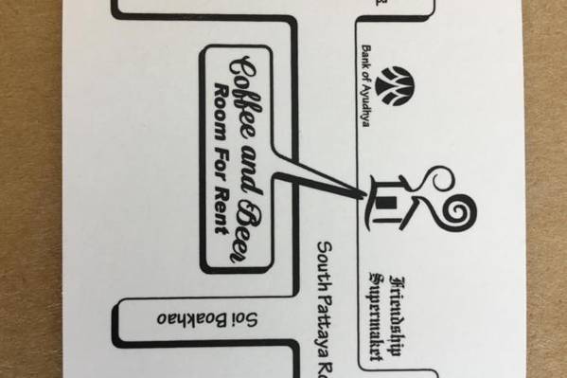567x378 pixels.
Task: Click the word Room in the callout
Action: coord(221,112)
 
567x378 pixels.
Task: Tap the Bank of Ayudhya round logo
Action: coord(395,86)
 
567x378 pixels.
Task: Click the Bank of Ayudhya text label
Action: coord(366,86)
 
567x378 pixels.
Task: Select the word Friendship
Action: coord(397,316)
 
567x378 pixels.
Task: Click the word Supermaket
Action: coord(376,315)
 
